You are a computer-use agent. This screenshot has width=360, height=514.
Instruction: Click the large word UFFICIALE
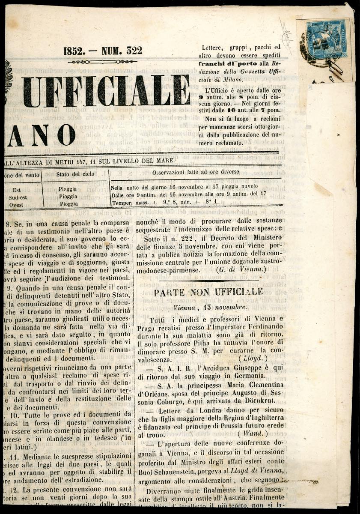coord(107,90)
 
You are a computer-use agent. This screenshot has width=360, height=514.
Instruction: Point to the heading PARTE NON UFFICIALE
coord(209,292)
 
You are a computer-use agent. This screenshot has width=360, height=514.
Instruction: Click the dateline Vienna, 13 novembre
coord(209,307)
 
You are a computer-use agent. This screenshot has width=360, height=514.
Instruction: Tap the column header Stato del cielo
coord(75,174)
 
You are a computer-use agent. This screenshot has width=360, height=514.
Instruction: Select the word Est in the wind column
coord(17,189)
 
